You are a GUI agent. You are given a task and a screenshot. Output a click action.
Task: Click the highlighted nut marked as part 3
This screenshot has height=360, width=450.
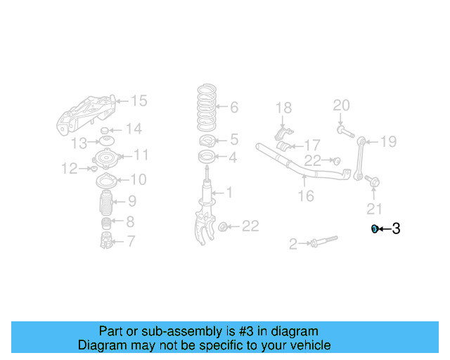pyautogui.click(x=375, y=229)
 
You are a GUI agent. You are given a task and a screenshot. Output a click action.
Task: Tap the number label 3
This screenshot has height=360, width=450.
pyautogui.click(x=396, y=229)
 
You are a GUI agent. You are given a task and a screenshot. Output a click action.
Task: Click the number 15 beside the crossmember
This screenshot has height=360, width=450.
pyautogui.click(x=139, y=101)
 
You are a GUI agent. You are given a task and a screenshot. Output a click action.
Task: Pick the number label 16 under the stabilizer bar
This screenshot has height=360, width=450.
pyautogui.click(x=305, y=196)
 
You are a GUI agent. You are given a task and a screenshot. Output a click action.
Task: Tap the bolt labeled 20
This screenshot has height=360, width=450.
pyautogui.click(x=342, y=129)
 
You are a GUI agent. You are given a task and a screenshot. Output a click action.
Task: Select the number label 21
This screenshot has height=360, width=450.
pyautogui.click(x=374, y=208)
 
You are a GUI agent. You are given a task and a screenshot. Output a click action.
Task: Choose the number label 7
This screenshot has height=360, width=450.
pyautogui.click(x=131, y=242)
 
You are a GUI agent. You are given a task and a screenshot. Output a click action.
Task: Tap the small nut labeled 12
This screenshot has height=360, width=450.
pyautogui.click(x=94, y=169)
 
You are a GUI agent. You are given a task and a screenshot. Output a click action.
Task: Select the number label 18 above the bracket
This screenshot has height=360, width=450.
pyautogui.click(x=283, y=108)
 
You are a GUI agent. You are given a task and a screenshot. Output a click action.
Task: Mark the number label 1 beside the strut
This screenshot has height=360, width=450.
pyautogui.click(x=229, y=192)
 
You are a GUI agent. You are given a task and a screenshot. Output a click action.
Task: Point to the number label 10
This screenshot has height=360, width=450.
pyautogui.click(x=138, y=180)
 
